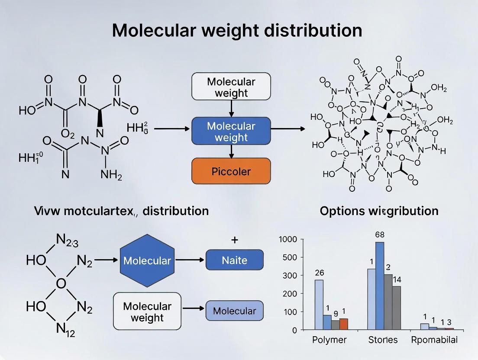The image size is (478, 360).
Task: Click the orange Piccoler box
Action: (x=231, y=171)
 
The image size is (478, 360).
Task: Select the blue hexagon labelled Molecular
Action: (x=147, y=260)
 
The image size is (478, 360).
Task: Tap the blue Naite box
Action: (x=234, y=260)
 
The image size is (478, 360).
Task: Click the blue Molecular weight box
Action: (x=231, y=132)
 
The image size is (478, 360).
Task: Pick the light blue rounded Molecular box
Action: (x=234, y=311)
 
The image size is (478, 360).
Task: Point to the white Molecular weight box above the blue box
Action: (x=231, y=87)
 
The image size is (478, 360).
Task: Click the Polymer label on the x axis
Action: (x=329, y=340)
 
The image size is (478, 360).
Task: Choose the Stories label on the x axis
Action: (x=383, y=340)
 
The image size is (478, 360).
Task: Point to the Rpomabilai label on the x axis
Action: (x=434, y=340)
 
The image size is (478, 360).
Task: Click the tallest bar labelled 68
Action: (x=380, y=286)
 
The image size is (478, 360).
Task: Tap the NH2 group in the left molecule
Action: (x=111, y=175)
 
